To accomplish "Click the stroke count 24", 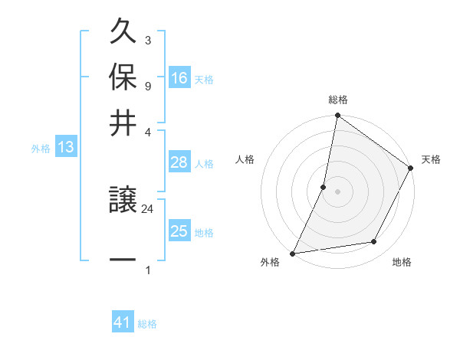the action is pos(147,208).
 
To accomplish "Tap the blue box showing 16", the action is pos(179,78).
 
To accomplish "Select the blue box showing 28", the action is pos(179,162).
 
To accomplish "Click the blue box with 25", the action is pos(179,231).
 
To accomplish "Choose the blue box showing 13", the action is pos(65,148).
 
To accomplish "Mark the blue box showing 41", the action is pos(123,323).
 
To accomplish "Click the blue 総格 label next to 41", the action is pos(147,324).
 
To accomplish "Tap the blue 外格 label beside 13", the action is pos(41,149).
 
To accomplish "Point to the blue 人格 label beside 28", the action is pos(205,163).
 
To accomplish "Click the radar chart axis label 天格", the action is pos(431,159).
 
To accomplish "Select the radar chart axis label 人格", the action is pos(245,159).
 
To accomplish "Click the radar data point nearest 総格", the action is pos(337,116).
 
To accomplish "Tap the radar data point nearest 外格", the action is pos(293,253).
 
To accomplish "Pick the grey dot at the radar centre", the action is pos(337,191).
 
